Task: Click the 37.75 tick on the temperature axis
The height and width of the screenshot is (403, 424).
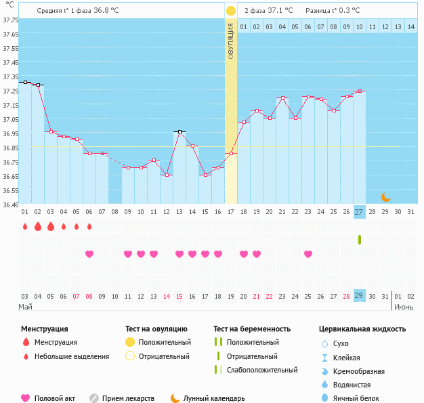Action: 10,20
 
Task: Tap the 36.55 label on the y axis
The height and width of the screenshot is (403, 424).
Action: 10,191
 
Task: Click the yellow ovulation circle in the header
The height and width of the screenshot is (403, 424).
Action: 231,11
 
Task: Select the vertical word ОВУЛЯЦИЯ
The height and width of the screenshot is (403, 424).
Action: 231,41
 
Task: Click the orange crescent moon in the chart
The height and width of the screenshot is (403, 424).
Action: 385,197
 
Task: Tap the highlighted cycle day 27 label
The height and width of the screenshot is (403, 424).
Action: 359,212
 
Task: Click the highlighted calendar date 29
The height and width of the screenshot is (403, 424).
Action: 359,296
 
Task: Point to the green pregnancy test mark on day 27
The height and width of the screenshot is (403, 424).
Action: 360,239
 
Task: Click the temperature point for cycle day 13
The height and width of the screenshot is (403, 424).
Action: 179,131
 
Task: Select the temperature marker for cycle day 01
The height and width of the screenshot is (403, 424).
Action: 25,82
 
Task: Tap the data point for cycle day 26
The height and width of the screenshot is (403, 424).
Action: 346,96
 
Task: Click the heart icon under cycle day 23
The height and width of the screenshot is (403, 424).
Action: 308,254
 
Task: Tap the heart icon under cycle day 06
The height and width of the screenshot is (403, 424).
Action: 89,254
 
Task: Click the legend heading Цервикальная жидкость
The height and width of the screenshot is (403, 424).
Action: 362,329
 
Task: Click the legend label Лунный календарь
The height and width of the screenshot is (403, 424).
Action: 214,398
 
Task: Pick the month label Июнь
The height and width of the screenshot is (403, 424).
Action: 405,307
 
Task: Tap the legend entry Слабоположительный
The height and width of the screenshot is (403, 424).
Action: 261,370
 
